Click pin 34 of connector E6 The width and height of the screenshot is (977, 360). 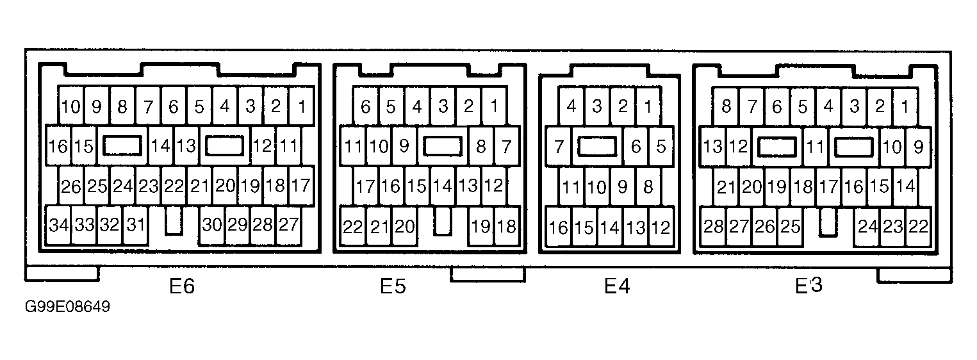[x=58, y=225]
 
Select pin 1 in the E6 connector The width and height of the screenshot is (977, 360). [x=301, y=106]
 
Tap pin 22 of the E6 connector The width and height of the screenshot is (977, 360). [x=174, y=186]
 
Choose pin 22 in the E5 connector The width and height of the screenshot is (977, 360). [x=352, y=227]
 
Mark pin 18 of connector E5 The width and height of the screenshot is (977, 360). [x=506, y=227]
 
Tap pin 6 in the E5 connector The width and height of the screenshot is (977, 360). [x=365, y=106]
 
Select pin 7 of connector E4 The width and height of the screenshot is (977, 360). [x=558, y=147]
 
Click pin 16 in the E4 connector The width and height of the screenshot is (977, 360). [x=559, y=227]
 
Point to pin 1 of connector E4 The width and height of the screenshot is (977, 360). [x=648, y=106]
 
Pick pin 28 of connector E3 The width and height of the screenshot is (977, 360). [x=713, y=227]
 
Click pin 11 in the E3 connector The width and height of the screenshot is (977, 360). [x=815, y=147]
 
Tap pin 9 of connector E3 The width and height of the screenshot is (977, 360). [x=918, y=147]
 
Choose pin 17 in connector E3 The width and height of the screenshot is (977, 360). [x=828, y=186]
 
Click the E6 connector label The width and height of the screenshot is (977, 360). [x=182, y=286]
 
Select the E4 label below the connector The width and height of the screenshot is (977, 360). [x=618, y=286]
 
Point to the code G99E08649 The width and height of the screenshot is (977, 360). [x=67, y=307]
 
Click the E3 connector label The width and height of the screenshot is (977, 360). [x=809, y=286]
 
